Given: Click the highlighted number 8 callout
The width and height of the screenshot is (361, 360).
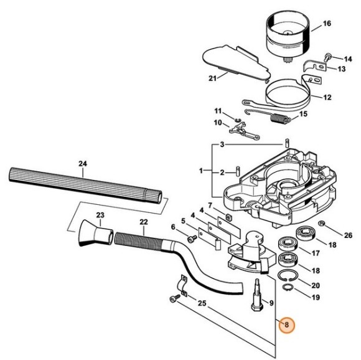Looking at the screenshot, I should coord(287,324).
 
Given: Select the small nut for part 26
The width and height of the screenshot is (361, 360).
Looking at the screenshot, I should coord(322,224).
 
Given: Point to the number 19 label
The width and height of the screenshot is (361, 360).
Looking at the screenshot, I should coord(316,298).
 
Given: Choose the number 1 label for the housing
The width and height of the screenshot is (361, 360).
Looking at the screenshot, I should coord(201,170).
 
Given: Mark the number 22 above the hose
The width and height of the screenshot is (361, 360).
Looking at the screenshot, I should coord(143,222).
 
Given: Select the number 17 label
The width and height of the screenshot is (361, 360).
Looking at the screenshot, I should coord(316,253).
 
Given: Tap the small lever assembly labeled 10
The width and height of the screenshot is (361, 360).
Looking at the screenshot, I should coord(238,130).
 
